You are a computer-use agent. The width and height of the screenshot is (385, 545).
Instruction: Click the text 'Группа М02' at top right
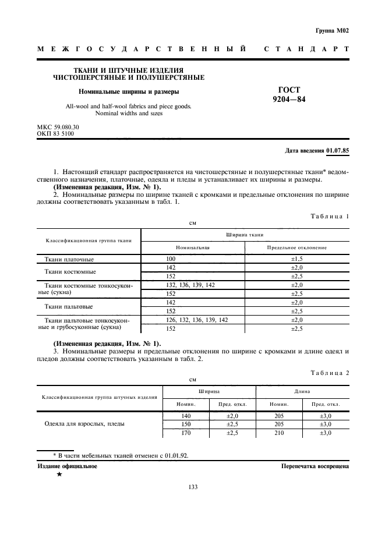[332, 30]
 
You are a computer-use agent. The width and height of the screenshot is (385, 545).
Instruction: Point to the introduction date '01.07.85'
[337, 150]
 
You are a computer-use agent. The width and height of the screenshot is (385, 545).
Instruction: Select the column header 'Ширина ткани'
[245, 234]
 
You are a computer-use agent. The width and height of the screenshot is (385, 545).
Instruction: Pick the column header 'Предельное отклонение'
[296, 247]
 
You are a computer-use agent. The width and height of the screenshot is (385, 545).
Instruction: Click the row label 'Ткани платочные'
[69, 259]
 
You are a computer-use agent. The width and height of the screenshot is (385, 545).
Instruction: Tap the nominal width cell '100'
[171, 259]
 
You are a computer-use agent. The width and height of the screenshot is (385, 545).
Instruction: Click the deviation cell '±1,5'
[296, 259]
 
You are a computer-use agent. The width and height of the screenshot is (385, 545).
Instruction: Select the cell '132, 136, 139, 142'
[190, 285]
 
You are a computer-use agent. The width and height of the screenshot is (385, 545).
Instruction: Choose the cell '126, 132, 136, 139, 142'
[197, 320]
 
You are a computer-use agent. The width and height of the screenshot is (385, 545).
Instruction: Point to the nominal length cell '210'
[279, 433]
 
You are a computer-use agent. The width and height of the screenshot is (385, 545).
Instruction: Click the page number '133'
[193, 487]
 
